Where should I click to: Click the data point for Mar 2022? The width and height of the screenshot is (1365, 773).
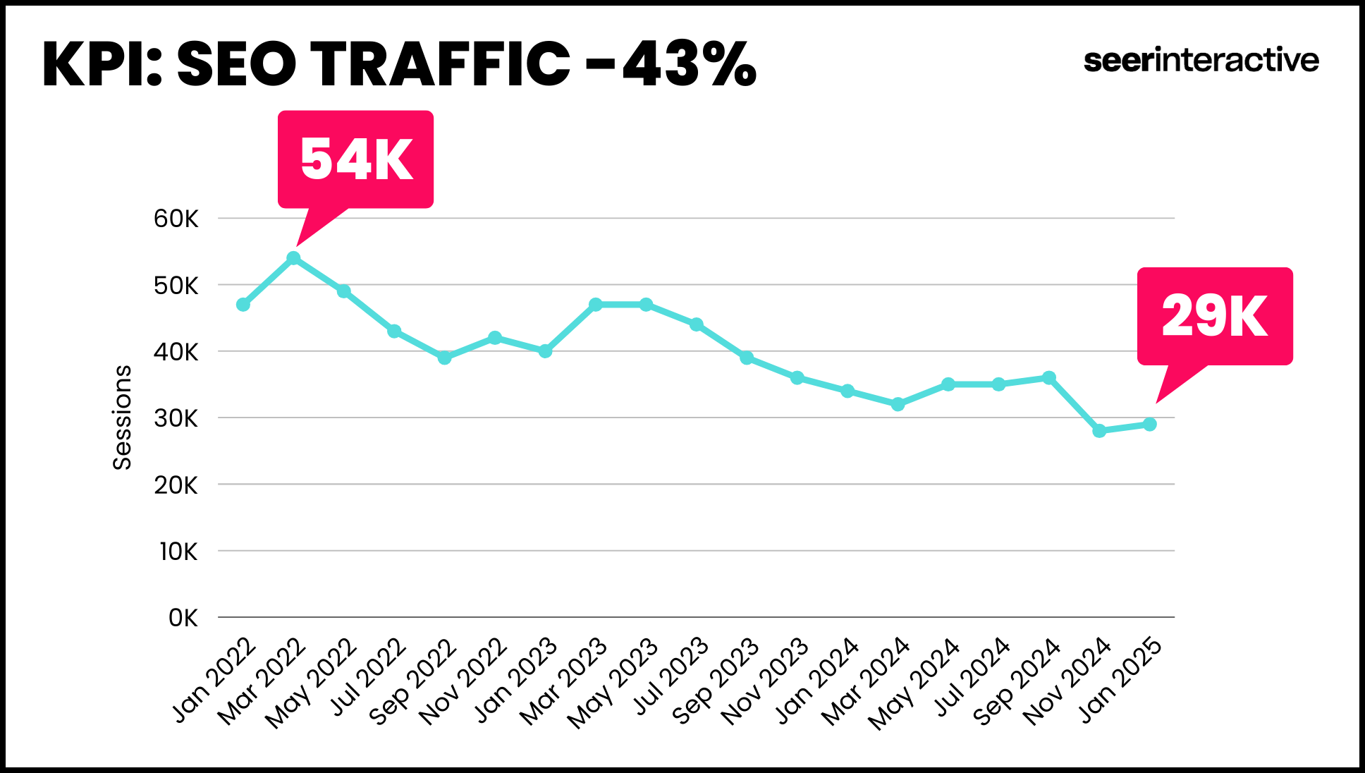pos(294,258)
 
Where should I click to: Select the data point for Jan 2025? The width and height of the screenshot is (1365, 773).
pos(1149,424)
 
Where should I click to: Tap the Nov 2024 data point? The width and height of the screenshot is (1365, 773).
pos(1099,430)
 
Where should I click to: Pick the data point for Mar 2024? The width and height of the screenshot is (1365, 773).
pos(898,404)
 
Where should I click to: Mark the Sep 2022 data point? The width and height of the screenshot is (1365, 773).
pos(444,358)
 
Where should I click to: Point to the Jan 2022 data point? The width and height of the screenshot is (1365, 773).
pos(243,305)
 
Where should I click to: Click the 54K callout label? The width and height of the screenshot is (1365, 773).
pos(355,159)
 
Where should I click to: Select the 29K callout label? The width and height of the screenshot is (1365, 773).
pos(1214,315)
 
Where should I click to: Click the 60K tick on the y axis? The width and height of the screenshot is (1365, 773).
pos(176,219)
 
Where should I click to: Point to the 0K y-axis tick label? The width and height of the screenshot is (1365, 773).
pos(183,618)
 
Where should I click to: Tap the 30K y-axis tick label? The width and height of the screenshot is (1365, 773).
pos(176,418)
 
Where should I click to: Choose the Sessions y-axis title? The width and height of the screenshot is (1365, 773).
pos(122,417)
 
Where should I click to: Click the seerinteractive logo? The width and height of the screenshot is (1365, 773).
pos(1201,61)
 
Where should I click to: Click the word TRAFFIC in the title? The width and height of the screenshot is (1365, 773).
pos(440,64)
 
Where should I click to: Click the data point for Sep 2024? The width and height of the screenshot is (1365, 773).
pos(1048,378)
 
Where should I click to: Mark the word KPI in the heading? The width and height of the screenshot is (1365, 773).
pos(99,64)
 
